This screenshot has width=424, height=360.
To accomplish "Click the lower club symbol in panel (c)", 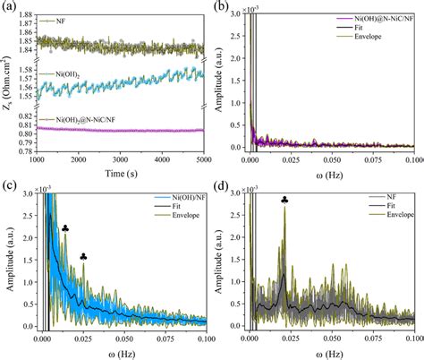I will coord(83,257).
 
